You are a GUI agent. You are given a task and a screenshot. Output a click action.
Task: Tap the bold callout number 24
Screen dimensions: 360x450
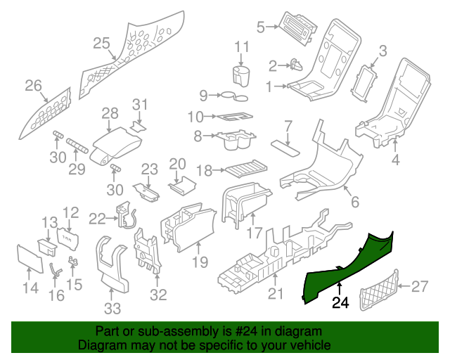click(340, 304)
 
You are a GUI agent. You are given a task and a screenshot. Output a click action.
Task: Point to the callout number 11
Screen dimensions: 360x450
click(242, 47)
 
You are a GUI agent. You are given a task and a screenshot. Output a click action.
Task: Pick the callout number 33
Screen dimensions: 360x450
click(112, 308)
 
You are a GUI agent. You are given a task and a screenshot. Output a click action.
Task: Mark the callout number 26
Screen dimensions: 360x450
click(33, 86)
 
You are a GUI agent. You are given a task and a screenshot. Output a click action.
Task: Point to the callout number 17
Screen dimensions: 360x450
click(254, 231)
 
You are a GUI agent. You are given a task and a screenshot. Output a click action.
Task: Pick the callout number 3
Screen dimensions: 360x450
click(382, 50)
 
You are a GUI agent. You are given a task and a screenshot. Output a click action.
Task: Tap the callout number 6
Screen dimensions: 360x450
click(355, 202)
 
